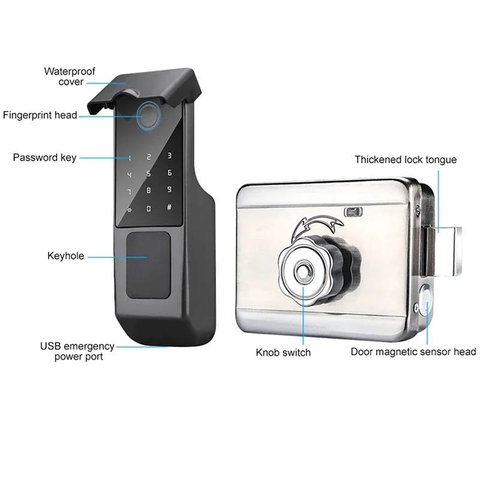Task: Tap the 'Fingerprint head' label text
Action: (40, 115)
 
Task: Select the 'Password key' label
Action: (44, 158)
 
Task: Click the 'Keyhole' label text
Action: (65, 256)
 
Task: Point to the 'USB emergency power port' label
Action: (77, 351)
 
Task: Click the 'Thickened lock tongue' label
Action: (405, 160)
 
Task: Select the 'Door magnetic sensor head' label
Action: (413, 352)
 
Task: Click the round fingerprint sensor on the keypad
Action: (148, 117)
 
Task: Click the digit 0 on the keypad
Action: (149, 209)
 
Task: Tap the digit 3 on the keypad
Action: (170, 156)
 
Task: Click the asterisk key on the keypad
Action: (128, 211)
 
